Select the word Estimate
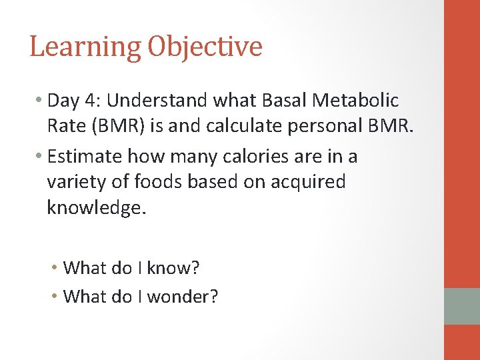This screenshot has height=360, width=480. (x=85, y=157)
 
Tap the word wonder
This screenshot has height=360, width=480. (x=182, y=296)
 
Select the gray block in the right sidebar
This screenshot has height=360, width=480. (x=462, y=306)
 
